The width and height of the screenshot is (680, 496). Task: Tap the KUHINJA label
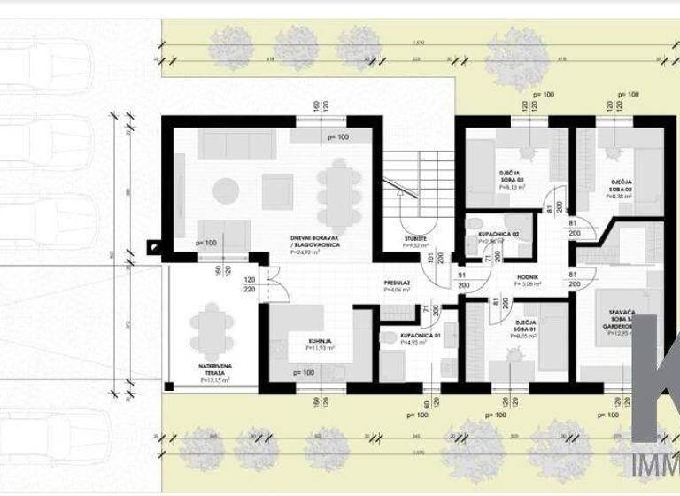point(321,340)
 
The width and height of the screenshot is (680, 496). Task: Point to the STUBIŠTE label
point(415,238)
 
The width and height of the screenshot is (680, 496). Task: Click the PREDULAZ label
point(397,283)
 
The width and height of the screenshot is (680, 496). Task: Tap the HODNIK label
point(529,279)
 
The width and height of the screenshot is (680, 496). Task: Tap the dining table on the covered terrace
point(211,327)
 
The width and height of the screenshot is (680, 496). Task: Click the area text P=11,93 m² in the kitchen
point(320,349)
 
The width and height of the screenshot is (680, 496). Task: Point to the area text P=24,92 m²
point(304,252)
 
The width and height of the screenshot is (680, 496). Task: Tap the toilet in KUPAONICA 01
point(387,337)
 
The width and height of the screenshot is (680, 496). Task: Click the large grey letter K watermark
point(656,381)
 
